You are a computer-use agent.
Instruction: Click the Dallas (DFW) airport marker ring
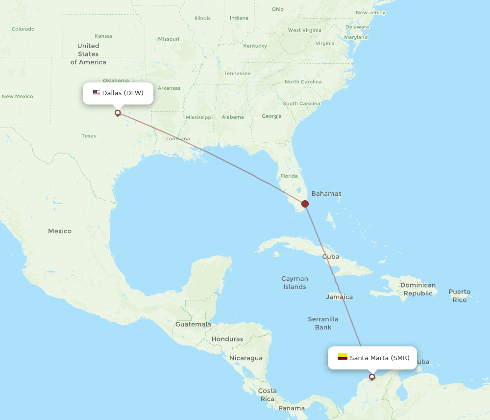tap(118, 113)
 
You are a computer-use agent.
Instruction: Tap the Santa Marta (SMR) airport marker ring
tap(372, 377)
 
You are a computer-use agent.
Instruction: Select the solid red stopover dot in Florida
tap(305, 204)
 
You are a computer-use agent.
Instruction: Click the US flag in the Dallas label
tap(97, 93)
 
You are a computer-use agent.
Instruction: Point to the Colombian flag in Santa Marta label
tap(343, 357)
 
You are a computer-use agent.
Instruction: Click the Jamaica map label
tap(339, 297)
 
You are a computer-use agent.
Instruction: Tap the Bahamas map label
tap(326, 193)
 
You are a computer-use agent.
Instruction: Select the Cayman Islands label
tap(294, 283)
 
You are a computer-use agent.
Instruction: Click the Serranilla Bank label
tap(323, 323)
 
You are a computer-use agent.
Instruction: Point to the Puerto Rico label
tap(459, 295)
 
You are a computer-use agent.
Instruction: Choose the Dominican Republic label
tap(418, 289)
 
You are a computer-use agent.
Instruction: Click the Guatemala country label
tap(193, 324)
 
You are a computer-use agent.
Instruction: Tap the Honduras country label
tap(227, 339)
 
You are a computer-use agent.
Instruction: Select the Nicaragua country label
tap(245, 358)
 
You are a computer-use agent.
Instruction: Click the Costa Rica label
tap(268, 394)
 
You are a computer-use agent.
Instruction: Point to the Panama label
tap(292, 408)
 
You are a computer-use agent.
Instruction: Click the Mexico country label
tap(60, 231)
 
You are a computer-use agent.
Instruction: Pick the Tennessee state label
tap(237, 74)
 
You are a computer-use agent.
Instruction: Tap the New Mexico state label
tap(17, 97)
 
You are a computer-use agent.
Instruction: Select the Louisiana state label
tap(178, 139)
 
